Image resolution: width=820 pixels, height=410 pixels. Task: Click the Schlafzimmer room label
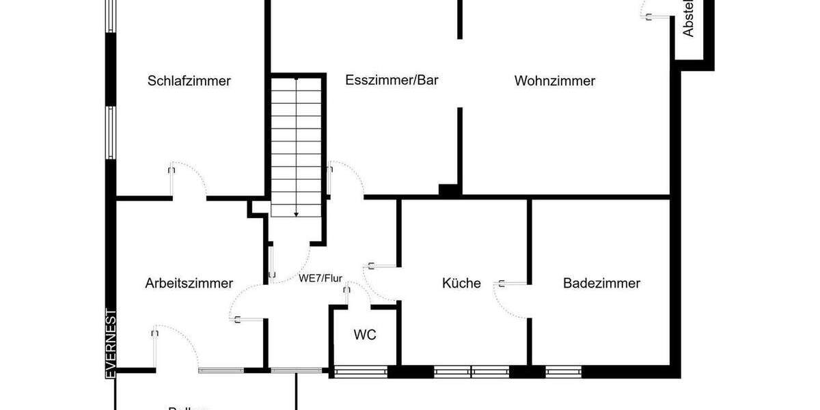click(x=189, y=81)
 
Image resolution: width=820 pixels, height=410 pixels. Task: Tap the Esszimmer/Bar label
click(x=392, y=79)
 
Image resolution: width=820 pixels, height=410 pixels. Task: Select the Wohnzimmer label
click(x=555, y=81)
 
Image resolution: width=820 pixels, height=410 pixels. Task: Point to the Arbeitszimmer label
click(x=189, y=283)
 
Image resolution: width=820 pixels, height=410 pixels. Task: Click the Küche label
click(x=461, y=283)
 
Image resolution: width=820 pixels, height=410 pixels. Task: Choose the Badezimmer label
click(x=601, y=283)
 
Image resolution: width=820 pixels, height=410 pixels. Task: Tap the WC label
click(x=364, y=335)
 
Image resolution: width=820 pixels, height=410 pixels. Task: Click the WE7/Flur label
click(x=320, y=278)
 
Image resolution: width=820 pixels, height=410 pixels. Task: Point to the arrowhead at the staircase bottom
click(x=297, y=214)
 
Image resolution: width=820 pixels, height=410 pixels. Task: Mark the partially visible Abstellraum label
click(x=688, y=19)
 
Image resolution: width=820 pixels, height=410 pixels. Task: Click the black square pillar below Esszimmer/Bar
click(x=448, y=191)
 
